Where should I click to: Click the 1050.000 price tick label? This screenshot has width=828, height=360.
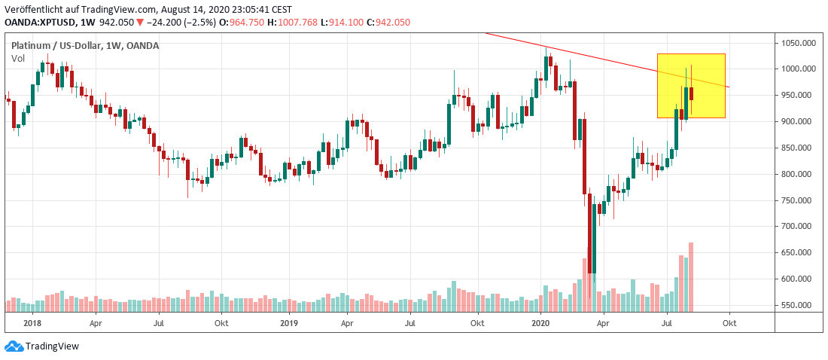point(797,43)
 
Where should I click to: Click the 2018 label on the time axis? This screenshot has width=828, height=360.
point(32,322)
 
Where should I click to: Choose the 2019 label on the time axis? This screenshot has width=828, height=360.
point(289,322)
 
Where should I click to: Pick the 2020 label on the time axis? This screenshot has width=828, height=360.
point(541,322)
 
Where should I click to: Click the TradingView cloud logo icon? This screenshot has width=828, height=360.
point(14,346)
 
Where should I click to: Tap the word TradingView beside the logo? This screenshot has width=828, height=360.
point(52,346)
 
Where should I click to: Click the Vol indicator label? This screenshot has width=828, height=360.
point(17,59)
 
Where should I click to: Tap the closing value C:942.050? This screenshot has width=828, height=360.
point(388,22)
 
